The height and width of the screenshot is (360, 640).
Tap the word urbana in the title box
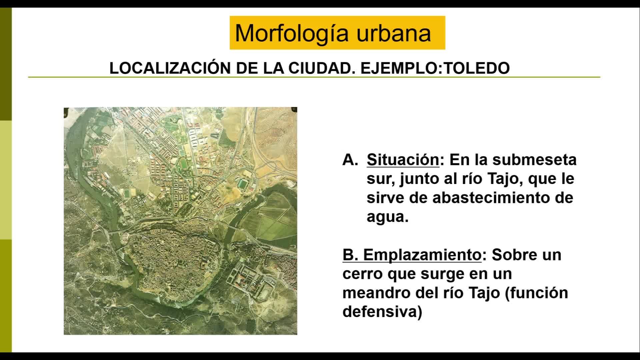[394, 33]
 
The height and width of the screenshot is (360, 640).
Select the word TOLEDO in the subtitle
[477, 68]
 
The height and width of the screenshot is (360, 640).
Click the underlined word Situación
[403, 160]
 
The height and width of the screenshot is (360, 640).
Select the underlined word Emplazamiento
[422, 255]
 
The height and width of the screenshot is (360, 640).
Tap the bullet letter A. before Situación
[350, 160]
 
